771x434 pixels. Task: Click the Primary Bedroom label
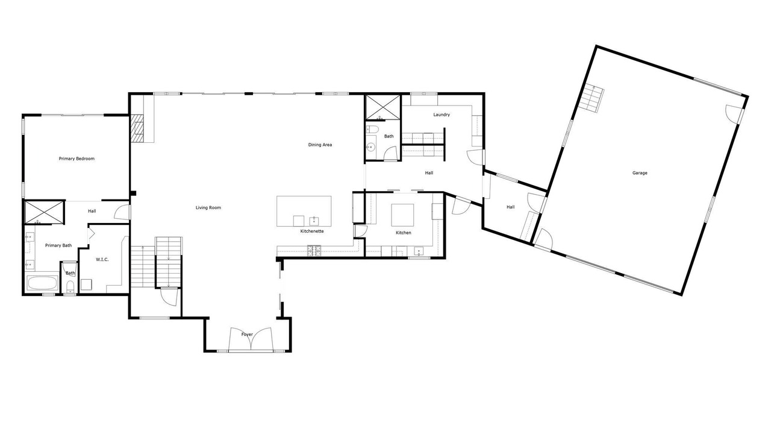click(76, 159)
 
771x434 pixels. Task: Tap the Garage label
click(640, 173)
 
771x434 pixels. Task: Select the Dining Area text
click(320, 145)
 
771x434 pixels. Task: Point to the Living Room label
click(208, 208)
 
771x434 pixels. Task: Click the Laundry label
click(442, 115)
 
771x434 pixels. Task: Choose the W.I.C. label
click(102, 259)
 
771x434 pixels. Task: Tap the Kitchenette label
click(312, 231)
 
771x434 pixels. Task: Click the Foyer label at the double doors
click(247, 335)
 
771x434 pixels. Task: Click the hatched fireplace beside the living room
click(137, 128)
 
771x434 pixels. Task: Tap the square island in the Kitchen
click(402, 215)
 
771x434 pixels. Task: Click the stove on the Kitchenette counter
click(314, 250)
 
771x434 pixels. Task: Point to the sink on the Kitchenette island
click(314, 221)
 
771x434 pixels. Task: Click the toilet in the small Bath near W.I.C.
click(70, 286)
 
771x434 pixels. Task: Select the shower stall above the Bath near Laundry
click(382, 107)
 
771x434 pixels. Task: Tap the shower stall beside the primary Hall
click(44, 212)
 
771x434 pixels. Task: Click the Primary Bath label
click(58, 245)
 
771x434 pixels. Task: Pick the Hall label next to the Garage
click(510, 207)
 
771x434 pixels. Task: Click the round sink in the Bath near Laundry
click(370, 148)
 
